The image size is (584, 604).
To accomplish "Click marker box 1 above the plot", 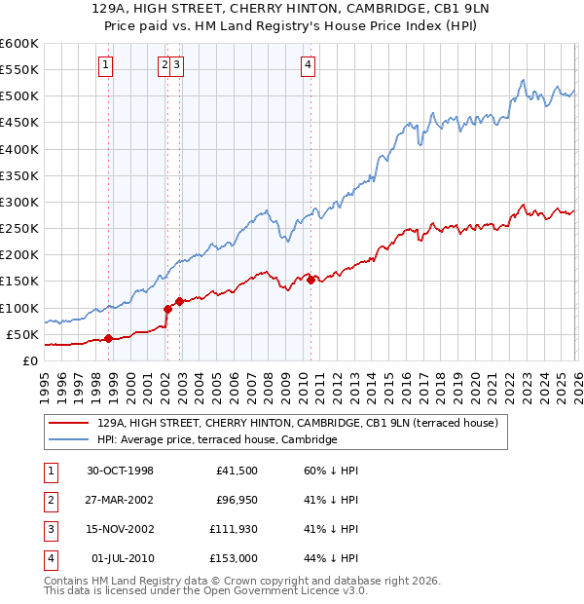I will pos(105,65).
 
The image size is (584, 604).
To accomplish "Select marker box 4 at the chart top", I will pos(308,65).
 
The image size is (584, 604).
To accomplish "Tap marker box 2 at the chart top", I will pos(164,65).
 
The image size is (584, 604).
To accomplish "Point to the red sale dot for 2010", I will pos(310,280).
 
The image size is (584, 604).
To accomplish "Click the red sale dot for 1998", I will pos(108,338).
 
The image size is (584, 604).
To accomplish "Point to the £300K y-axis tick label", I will pos(18,203).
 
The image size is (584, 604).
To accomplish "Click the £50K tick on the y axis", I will pos(21,334).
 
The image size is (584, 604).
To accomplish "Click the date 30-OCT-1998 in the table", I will pos(122,472).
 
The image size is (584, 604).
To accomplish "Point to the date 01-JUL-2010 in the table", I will pos(122,559).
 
